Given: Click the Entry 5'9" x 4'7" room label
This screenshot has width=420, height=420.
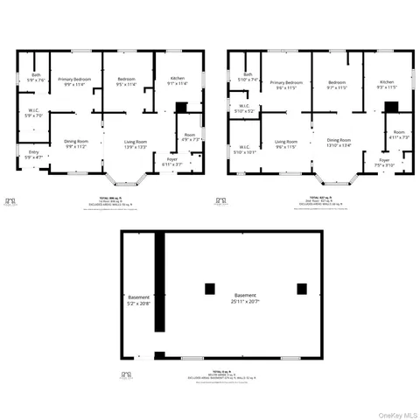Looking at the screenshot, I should click(x=34, y=154).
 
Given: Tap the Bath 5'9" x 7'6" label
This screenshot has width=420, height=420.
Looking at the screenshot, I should click(x=36, y=77).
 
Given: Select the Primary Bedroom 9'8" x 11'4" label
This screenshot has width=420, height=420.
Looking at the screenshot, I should click(x=75, y=82).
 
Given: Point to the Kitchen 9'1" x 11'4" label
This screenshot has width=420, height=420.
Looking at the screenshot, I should click(x=177, y=81).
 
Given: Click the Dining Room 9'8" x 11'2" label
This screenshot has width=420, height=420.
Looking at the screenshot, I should click(x=76, y=143).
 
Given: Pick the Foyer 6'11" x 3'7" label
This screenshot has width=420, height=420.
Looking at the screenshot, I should click(x=171, y=162).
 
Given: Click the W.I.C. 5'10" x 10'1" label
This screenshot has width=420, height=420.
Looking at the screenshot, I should click(x=245, y=149).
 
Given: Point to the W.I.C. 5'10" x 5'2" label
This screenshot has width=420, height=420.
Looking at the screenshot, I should click(x=245, y=109).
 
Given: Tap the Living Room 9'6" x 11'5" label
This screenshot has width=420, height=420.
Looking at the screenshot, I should click(x=286, y=143).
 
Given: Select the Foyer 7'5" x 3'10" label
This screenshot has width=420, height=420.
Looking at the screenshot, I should click(x=384, y=162).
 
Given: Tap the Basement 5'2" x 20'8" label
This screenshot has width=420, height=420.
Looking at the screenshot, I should click(x=138, y=299).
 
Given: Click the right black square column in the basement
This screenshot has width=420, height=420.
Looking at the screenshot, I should click(x=302, y=289).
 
